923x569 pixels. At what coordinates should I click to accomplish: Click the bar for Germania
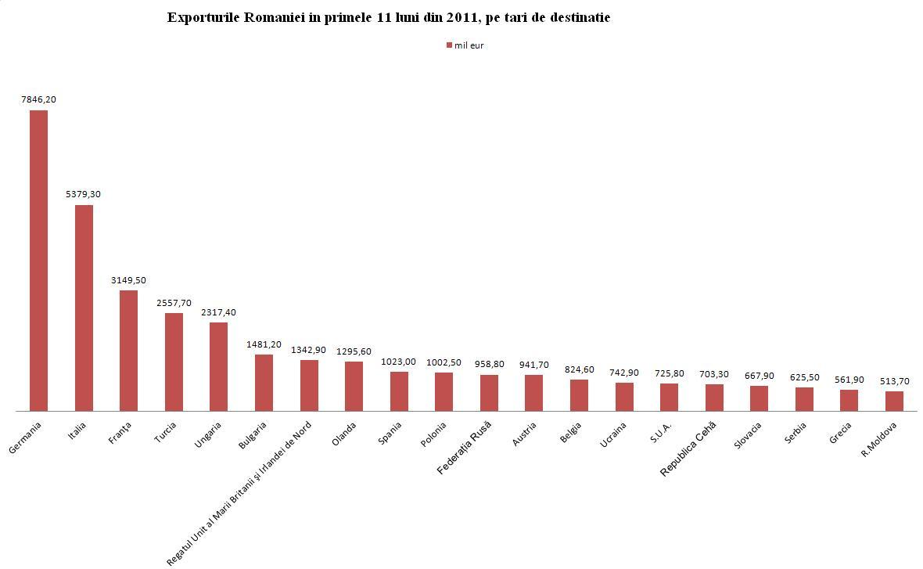[38, 260]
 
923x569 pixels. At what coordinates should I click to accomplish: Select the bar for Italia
[84, 308]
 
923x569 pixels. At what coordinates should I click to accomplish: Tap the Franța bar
[128, 350]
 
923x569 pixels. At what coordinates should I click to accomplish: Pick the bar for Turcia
[174, 362]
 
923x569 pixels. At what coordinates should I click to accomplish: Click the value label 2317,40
[218, 312]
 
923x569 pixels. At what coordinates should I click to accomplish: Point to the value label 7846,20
[38, 99]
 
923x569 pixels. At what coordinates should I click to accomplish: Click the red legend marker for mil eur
[449, 45]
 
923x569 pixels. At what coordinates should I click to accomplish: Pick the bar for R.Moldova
[894, 401]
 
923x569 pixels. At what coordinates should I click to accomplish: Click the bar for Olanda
[354, 386]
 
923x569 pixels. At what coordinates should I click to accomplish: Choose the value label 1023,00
[399, 362]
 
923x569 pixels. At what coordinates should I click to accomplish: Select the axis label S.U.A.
[662, 433]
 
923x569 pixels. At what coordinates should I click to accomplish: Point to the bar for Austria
[533, 393]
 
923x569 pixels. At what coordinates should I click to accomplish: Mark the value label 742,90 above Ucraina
[623, 373]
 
